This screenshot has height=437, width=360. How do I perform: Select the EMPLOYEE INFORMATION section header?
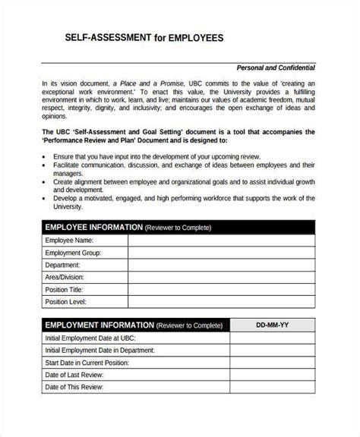93,227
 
